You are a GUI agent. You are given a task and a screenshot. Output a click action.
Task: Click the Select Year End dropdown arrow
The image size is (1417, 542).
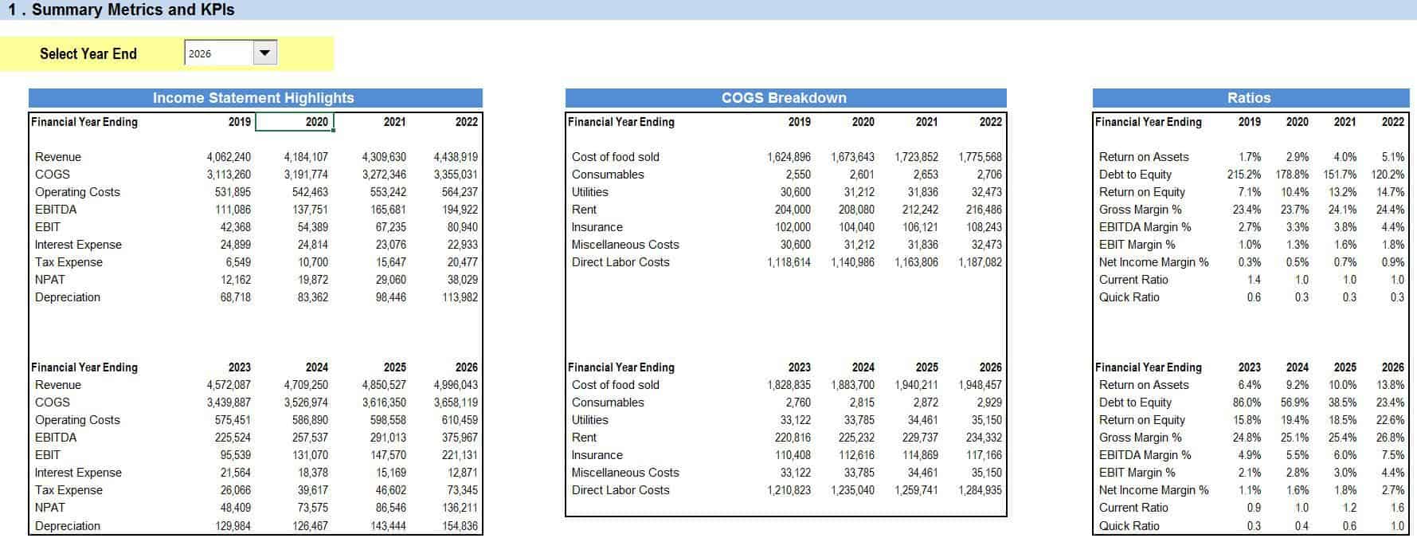pyautogui.click(x=265, y=53)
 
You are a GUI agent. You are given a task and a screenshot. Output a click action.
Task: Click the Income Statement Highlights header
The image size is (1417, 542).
pyautogui.click(x=254, y=98)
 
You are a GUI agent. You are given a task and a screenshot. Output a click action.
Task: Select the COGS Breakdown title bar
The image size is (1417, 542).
pyautogui.click(x=785, y=98)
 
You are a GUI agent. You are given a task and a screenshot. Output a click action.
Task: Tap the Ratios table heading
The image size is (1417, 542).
pyautogui.click(x=1249, y=98)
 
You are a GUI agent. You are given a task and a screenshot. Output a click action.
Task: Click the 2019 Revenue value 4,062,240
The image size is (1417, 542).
pyautogui.click(x=229, y=157)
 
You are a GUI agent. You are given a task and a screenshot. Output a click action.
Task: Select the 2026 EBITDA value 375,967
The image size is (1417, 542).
pyautogui.click(x=460, y=438)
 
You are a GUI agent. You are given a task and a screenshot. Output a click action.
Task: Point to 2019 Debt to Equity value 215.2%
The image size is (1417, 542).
pyautogui.click(x=1244, y=175)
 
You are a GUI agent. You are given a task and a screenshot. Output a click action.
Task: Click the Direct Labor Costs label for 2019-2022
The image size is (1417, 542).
pyautogui.click(x=620, y=262)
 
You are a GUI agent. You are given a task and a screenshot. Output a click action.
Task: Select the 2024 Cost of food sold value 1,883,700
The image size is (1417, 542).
pyautogui.click(x=852, y=385)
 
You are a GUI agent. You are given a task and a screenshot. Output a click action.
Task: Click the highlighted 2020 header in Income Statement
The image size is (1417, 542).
pyautogui.click(x=317, y=122)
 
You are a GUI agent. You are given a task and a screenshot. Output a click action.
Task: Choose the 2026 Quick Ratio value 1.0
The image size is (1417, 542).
pyautogui.click(x=1398, y=526)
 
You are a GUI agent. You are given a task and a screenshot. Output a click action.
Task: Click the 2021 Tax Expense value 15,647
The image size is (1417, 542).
pyautogui.click(x=390, y=262)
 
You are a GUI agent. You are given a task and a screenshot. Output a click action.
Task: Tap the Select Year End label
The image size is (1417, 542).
pyautogui.click(x=88, y=53)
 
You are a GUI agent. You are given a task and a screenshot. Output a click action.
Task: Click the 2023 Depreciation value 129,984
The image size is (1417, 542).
pyautogui.click(x=233, y=526)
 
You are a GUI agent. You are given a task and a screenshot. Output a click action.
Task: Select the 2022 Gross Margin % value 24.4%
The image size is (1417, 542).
pyautogui.click(x=1391, y=210)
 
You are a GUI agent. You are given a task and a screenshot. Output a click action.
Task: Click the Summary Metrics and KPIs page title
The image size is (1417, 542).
pyautogui.click(x=122, y=10)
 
